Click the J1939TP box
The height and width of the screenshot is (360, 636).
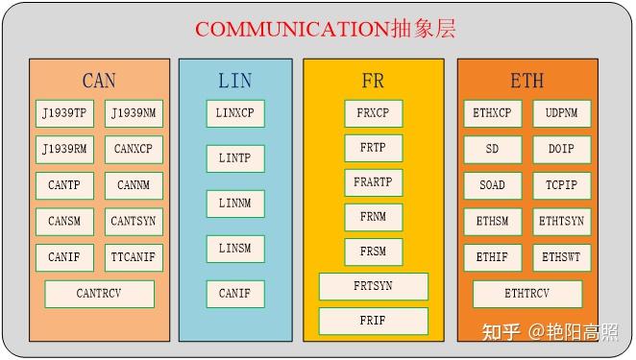64,114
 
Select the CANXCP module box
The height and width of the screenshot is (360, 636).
133,150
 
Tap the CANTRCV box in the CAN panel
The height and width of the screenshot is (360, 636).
99,294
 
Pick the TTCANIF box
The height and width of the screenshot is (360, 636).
133,257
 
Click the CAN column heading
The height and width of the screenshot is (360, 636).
99,81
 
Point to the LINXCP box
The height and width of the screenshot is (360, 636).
234,114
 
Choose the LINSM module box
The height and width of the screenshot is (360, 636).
234,249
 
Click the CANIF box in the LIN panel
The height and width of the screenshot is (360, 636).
234,294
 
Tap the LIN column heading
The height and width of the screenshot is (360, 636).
234,81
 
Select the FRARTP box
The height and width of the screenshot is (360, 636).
373,182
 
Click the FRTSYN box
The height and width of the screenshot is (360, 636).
373,286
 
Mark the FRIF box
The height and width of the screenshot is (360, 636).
373,322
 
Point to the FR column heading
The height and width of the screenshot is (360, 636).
373,81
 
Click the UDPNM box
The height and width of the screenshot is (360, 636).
561,114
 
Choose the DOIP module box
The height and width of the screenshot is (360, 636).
561,150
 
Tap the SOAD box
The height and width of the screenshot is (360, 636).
492,185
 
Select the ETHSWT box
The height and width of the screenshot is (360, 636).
561,257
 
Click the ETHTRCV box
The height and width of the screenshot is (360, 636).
526,294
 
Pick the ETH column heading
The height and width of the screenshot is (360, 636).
526,81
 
